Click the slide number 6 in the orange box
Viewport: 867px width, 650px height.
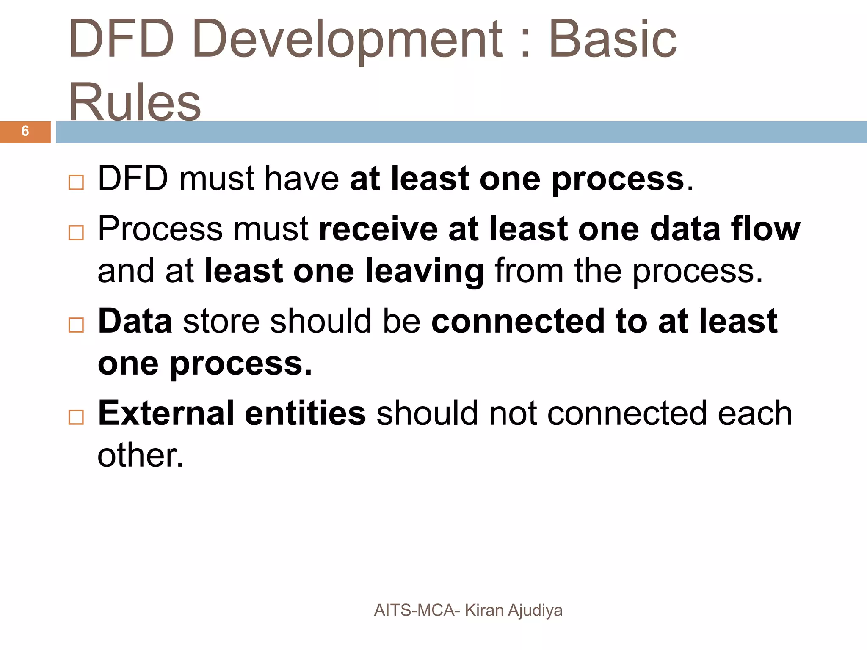25,131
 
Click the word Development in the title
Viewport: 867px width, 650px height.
347,40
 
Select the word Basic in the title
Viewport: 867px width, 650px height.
613,40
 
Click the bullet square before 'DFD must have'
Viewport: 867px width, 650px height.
76,182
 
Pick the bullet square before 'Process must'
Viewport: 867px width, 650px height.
76,233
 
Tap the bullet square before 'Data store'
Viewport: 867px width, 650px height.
76,325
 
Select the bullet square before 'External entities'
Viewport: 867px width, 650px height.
76,417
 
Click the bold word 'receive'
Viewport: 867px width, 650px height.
378,229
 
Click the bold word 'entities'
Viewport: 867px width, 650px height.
305,413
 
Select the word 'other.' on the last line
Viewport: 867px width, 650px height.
141,456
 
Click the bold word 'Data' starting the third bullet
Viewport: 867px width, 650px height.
135,322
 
